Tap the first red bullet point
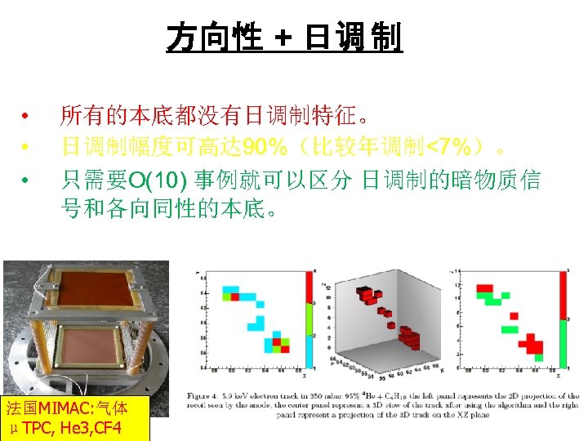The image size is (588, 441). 27,115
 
